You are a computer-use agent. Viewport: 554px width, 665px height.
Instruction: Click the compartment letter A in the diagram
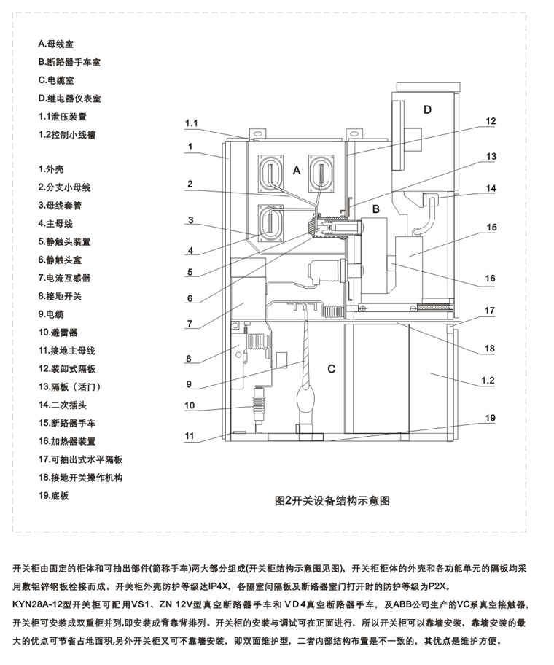297,171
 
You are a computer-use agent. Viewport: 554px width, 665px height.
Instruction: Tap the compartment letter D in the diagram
427,110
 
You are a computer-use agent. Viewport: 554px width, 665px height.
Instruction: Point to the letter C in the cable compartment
332,369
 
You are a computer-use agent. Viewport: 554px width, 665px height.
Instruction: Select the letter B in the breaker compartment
375,209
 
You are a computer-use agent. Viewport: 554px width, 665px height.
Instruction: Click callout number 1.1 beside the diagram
191,123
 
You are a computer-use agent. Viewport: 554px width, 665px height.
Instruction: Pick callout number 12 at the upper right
491,121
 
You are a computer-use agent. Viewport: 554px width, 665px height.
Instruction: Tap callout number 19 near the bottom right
490,418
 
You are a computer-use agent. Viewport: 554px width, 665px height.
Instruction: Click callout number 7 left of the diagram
190,324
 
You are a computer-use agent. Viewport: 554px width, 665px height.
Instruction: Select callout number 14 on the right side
491,188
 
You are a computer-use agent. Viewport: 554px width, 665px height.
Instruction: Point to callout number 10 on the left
190,405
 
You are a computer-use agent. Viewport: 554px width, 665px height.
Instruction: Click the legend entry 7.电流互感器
64,279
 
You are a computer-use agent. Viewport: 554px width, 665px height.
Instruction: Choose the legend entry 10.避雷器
58,332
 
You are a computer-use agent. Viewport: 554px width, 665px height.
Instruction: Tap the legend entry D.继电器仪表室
69,98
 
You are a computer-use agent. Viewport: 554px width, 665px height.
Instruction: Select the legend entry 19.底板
53,496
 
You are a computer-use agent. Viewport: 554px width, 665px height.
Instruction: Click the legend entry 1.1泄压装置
62,117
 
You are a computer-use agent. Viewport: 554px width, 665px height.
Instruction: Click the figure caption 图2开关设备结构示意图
332,501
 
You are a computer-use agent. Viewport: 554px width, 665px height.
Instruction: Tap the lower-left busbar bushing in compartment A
270,223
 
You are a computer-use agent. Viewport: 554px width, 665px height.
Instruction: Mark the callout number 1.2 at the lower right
488,381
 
